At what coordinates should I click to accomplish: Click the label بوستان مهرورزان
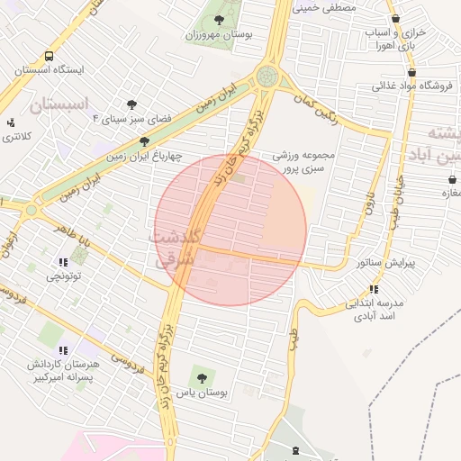pyautogui.click(x=217, y=36)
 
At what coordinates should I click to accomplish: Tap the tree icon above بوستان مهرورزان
pyautogui.click(x=218, y=19)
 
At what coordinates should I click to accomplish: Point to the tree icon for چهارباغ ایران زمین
pyautogui.click(x=144, y=141)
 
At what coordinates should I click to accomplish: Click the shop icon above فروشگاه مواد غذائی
pyautogui.click(x=411, y=73)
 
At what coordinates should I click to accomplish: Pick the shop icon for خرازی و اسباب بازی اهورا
pyautogui.click(x=395, y=19)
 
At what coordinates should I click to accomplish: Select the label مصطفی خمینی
pyautogui.click(x=325, y=6)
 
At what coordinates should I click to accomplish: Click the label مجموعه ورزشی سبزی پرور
pyautogui.click(x=304, y=161)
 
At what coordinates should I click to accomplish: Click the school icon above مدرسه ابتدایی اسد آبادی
pyautogui.click(x=373, y=289)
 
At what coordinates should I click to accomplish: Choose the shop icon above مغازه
pyautogui.click(x=450, y=179)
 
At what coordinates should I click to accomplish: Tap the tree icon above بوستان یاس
pyautogui.click(x=199, y=377)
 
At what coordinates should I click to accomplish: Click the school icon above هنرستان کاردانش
pyautogui.click(x=62, y=350)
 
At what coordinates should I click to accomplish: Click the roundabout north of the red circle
pyautogui.click(x=267, y=77)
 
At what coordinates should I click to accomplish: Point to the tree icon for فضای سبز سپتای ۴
pyautogui.click(x=131, y=104)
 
